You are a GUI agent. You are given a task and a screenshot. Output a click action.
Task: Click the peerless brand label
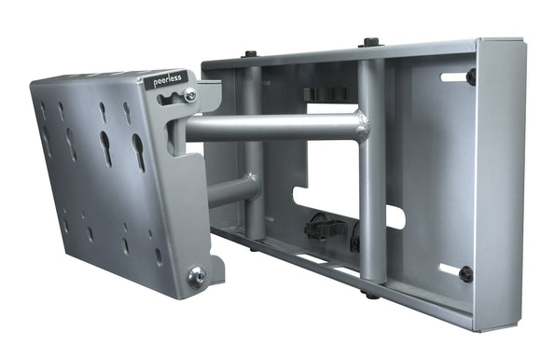click(169, 80)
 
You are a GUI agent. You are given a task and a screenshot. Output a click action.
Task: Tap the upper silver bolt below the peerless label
click(189, 95)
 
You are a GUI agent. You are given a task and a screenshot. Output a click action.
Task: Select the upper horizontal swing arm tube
click(270, 128)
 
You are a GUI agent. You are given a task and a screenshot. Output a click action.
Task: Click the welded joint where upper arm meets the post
click(358, 125)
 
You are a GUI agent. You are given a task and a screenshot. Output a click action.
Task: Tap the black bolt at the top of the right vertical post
click(370, 43)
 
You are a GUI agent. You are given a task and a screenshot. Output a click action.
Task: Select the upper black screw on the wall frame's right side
click(471, 77)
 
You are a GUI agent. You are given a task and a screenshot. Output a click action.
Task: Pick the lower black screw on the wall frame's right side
click(465, 273)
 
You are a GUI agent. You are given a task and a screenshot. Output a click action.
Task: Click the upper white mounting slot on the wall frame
click(453, 76)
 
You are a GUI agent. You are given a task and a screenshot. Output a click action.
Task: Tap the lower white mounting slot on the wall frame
click(449, 270)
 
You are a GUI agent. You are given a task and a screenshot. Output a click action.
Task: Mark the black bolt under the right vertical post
click(370, 296)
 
